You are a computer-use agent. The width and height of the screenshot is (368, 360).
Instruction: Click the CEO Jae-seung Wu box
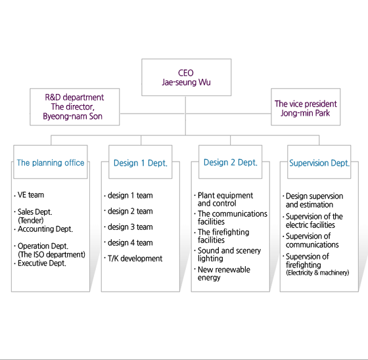[187, 78]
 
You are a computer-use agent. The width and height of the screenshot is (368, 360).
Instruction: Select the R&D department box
[75, 107]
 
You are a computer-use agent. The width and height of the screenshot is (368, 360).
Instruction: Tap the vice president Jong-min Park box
[306, 107]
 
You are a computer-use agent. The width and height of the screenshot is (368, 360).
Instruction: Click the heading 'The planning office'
[51, 163]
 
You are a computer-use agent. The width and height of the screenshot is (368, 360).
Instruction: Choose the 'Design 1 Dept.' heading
[141, 163]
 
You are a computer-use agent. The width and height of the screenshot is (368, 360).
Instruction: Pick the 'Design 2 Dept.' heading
[231, 162]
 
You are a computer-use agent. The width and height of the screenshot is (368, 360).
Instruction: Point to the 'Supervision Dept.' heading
[319, 163]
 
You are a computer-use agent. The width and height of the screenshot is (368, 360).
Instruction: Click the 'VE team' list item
[31, 195]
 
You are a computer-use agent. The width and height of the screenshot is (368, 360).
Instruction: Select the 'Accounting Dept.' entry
[45, 229]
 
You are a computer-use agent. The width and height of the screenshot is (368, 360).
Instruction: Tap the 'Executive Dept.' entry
[42, 263]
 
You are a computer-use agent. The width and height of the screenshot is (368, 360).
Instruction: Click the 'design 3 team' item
[130, 227]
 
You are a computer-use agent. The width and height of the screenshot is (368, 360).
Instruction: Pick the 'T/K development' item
[135, 258]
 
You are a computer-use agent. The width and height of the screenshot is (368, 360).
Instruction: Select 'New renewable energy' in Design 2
[224, 273]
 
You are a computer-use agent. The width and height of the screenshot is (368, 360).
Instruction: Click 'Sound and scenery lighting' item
[229, 254]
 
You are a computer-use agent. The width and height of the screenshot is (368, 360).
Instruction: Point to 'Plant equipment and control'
[225, 199]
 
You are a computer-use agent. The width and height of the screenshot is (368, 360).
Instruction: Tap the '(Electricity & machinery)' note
[317, 273]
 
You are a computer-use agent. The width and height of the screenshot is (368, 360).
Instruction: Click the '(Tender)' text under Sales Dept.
[31, 220]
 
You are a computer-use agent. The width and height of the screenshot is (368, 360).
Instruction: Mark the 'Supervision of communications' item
[312, 240]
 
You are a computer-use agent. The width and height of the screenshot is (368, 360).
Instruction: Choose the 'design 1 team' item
[130, 195]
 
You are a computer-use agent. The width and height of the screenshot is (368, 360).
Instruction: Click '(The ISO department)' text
[52, 254]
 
